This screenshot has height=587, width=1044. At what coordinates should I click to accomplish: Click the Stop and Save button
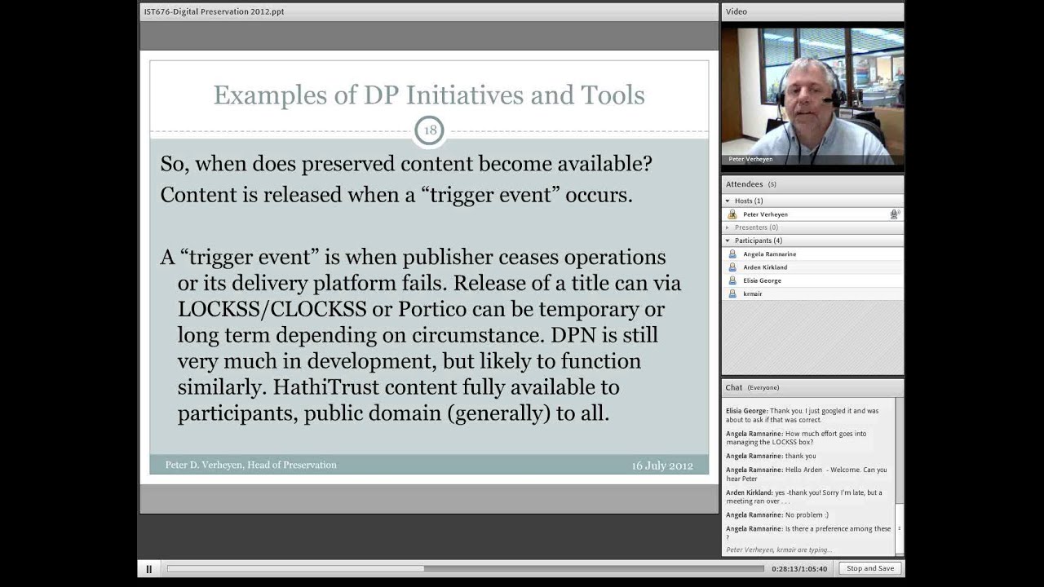click(x=870, y=568)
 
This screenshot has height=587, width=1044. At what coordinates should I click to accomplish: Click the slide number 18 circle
click(x=429, y=130)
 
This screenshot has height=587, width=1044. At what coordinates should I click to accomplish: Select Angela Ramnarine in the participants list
click(x=769, y=254)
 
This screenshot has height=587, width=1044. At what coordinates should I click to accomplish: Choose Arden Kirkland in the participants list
click(x=765, y=267)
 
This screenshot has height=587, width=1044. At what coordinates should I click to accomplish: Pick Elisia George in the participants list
click(x=762, y=280)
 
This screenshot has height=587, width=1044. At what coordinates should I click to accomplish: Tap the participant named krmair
click(x=752, y=293)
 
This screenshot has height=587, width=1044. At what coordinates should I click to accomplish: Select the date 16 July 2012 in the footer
click(x=661, y=466)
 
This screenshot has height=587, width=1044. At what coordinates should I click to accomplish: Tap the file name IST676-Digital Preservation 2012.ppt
click(x=214, y=12)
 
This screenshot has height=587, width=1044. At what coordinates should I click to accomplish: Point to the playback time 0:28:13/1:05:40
click(x=799, y=569)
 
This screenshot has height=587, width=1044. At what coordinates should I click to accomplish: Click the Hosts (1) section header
click(x=748, y=201)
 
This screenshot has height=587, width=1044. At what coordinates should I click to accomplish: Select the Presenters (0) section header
click(x=756, y=227)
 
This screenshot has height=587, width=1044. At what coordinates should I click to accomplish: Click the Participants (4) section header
click(x=758, y=241)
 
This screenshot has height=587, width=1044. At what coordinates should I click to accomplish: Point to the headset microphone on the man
click(x=831, y=101)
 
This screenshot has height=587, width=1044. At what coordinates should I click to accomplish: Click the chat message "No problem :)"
click(x=806, y=515)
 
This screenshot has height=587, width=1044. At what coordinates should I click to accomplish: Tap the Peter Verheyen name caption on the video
click(x=750, y=159)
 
